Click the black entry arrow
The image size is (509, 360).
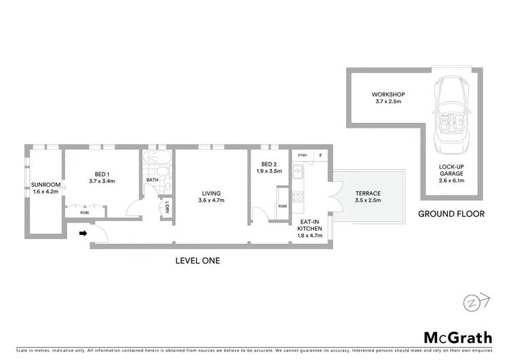tap(83, 234)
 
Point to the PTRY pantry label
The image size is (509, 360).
tap(303, 156)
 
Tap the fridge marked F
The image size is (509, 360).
tap(322, 156)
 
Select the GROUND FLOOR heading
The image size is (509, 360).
tap(451, 213)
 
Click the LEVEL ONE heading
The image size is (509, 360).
tap(197, 260)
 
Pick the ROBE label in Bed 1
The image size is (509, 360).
tap(85, 213)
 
